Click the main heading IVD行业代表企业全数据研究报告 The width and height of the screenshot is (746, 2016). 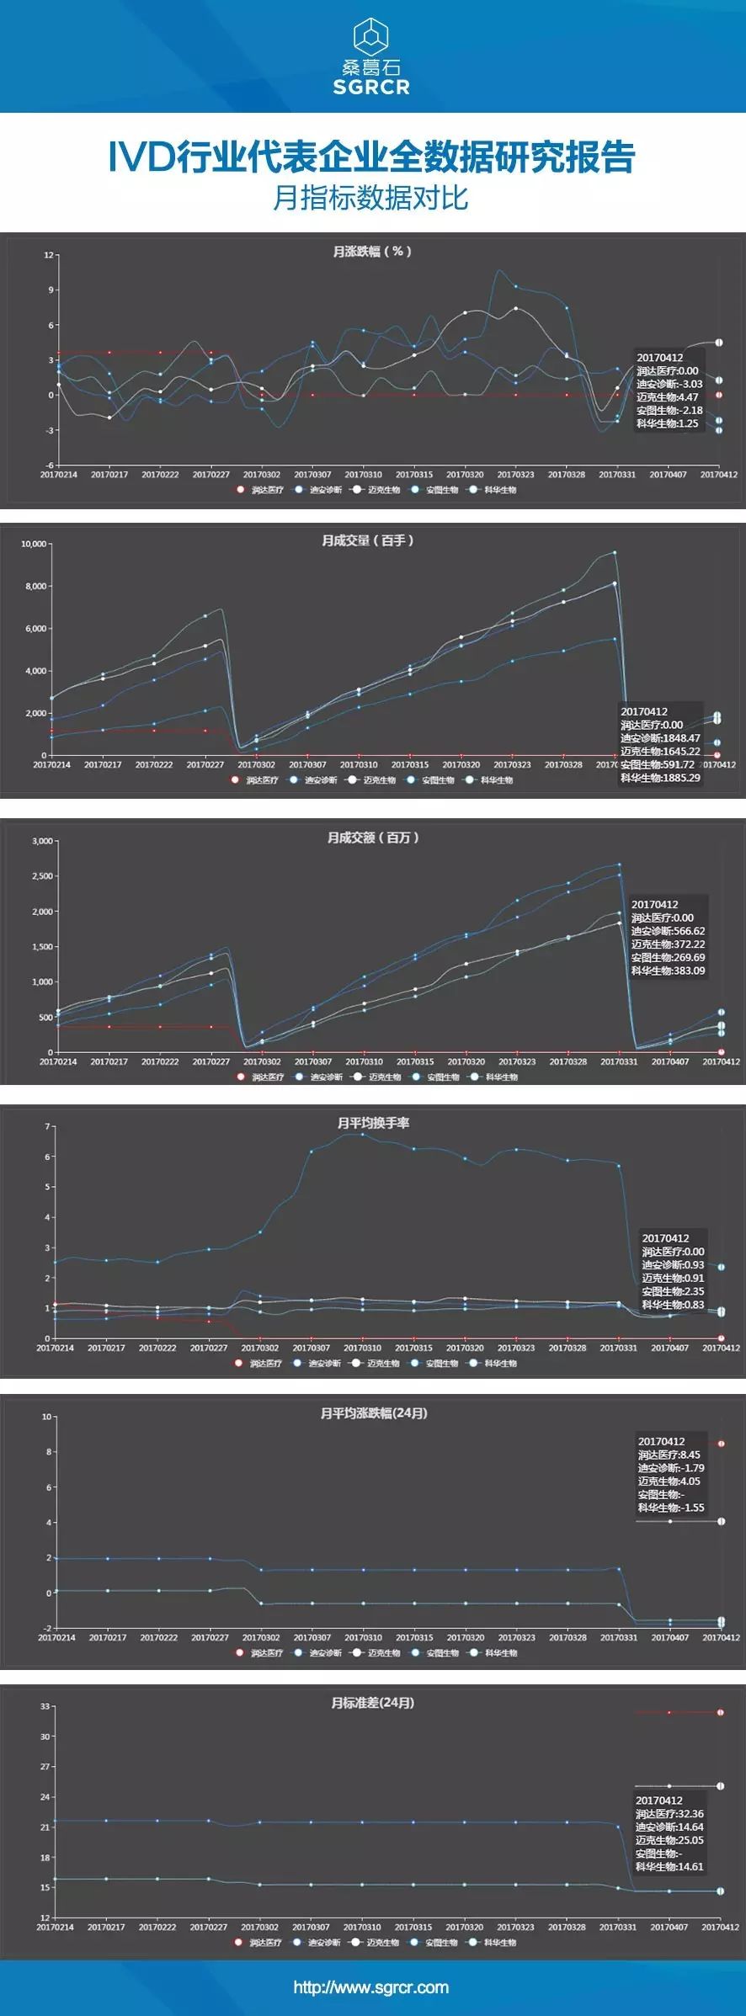(x=371, y=157)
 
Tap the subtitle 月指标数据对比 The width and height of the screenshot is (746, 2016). (x=370, y=198)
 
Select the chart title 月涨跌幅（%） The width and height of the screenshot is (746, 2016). (x=371, y=252)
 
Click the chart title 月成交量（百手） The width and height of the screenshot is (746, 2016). (x=368, y=540)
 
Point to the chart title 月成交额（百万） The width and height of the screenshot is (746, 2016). (x=373, y=838)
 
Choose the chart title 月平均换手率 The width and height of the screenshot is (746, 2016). (x=373, y=1123)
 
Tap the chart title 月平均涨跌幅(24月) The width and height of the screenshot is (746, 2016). (x=374, y=1413)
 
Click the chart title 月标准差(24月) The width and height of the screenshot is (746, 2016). (x=373, y=1703)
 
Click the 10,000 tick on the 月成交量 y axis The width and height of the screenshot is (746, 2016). (x=34, y=544)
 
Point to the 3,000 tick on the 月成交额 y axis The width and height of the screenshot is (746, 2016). (x=42, y=841)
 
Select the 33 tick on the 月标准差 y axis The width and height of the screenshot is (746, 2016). (x=45, y=1706)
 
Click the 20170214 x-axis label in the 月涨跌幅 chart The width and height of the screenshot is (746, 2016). (x=58, y=475)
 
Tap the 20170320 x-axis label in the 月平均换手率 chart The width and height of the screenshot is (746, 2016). (x=465, y=1348)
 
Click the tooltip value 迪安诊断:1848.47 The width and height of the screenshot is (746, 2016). (x=660, y=738)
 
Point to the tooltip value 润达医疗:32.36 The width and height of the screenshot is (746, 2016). (x=669, y=1814)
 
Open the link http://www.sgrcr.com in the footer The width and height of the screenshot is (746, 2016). (x=371, y=1987)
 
